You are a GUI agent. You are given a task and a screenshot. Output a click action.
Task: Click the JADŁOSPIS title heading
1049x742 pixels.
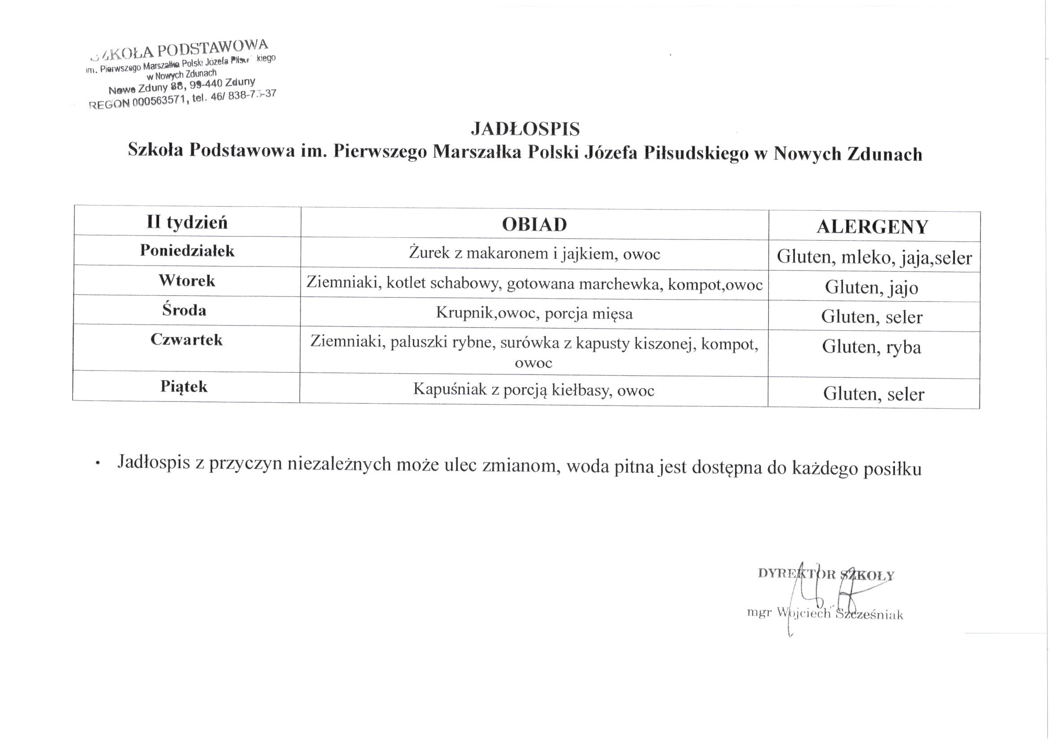[525, 129]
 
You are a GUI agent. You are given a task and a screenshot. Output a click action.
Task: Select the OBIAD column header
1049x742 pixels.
[534, 224]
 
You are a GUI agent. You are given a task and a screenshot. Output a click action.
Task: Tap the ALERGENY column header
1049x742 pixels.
[872, 227]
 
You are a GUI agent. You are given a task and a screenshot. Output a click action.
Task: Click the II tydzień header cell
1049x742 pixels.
[187, 223]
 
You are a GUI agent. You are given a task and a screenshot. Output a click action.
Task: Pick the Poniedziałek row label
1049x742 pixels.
[187, 250]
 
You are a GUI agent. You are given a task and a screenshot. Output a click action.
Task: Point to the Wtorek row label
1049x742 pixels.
[187, 280]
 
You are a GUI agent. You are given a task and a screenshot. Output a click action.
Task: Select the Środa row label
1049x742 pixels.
[184, 310]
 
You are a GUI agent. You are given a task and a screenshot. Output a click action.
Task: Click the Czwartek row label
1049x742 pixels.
[186, 340]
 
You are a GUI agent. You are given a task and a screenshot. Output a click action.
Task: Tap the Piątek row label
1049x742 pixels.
[184, 387]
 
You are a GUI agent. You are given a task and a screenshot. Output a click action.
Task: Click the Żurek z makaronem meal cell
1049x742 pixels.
[534, 253]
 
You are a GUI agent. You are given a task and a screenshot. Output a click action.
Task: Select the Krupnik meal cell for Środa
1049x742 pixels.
[534, 314]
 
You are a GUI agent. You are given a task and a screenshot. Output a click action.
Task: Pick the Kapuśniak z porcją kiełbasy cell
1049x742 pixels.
[533, 390]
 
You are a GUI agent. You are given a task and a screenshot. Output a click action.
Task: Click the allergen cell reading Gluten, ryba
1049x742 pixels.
[871, 347]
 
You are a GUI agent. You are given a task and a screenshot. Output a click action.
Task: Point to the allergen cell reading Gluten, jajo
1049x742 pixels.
[871, 288]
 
